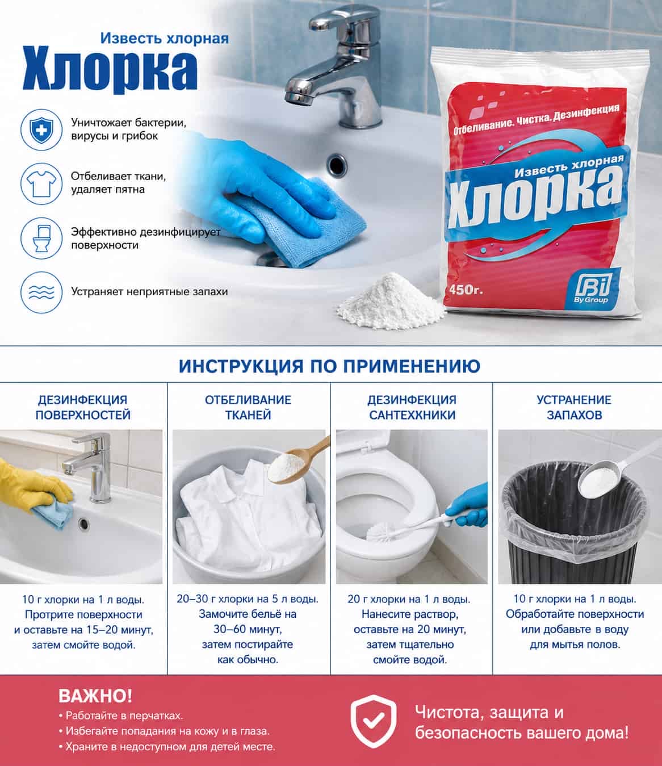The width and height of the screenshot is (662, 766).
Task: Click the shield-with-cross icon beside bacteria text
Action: coord(41,129)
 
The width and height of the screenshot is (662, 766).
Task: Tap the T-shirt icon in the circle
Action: coord(41,183)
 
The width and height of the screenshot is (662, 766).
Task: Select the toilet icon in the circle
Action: coord(41,238)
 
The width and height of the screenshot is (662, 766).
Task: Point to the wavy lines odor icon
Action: coord(41,292)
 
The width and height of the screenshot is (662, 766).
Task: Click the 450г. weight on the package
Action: coord(466,290)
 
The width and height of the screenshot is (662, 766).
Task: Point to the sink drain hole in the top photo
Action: coord(337,165)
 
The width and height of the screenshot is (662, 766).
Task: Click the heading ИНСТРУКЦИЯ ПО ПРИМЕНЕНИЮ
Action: coord(329,366)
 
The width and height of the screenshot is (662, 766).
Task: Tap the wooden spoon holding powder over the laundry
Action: coord(296,460)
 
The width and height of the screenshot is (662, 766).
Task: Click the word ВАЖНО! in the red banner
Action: coord(95,696)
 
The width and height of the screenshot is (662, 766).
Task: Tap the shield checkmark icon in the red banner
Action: coord(374,721)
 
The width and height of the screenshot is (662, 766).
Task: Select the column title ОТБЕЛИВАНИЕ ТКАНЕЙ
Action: coord(248,407)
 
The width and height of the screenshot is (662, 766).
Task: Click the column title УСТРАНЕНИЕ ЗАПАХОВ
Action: coord(574,407)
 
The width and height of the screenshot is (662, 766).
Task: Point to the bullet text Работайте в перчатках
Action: coord(121,715)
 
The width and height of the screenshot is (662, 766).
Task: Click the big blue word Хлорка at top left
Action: coord(110,70)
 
